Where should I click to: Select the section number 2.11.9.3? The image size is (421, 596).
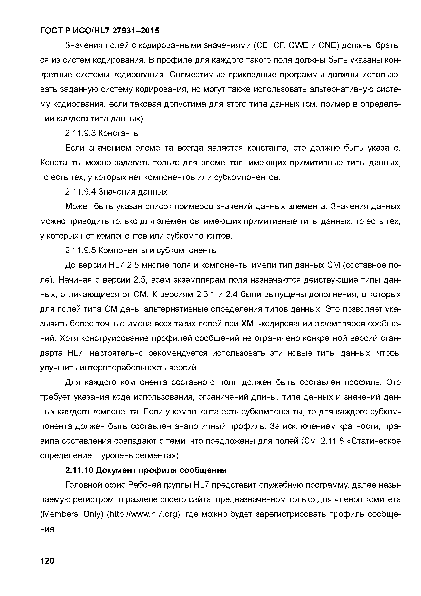pyautogui.click(x=80, y=133)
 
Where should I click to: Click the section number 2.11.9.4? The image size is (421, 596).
pyautogui.click(x=80, y=192)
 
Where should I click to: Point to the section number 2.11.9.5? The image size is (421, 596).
pyautogui.click(x=80, y=250)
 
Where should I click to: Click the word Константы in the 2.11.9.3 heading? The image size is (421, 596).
pyautogui.click(x=119, y=133)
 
